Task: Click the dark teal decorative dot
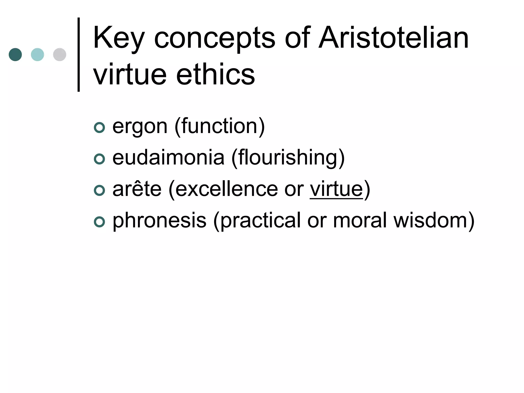15,54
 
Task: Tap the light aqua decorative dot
37,54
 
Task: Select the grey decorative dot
60,54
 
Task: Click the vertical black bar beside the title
79,54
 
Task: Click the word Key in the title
119,38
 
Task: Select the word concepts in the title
214,38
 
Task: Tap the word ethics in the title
215,75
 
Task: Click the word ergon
140,126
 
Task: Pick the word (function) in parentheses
220,126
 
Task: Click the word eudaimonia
168,158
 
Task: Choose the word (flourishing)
288,158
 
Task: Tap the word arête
137,189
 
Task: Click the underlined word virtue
336,189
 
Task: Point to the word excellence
226,189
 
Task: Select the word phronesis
159,221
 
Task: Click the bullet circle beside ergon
99,128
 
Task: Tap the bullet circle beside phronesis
99,222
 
